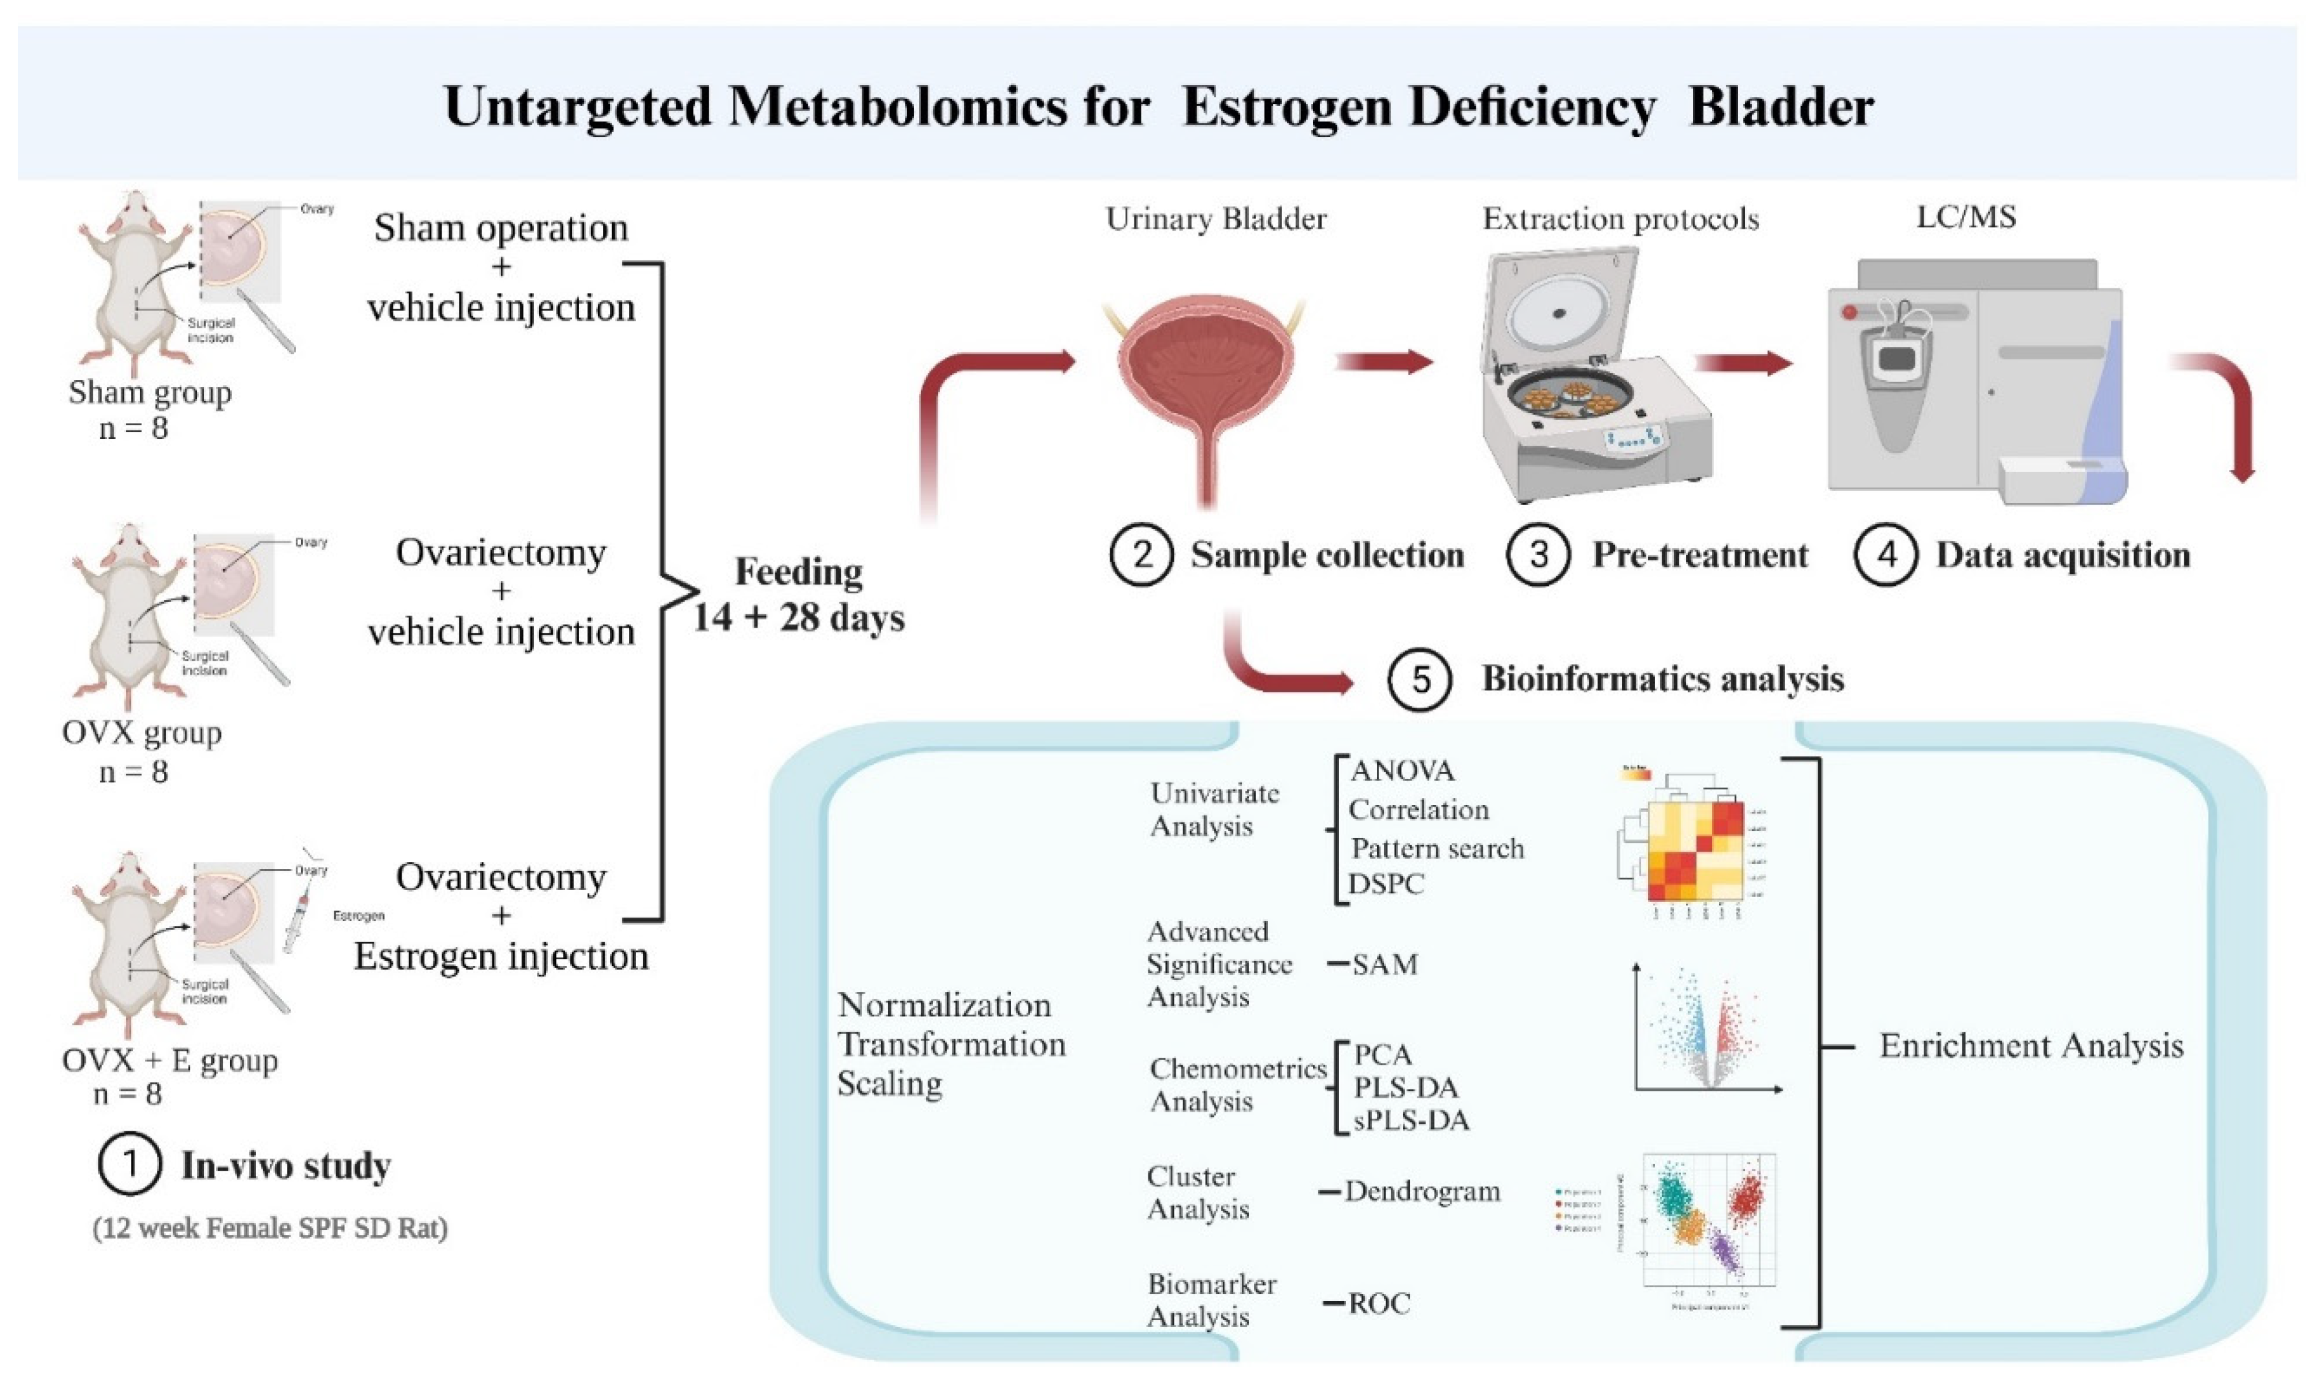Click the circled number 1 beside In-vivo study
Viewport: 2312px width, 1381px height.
130,1164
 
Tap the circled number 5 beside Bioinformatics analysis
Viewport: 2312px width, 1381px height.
1419,678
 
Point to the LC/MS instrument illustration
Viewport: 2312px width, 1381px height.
1973,382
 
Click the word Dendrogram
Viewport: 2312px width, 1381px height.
1422,1191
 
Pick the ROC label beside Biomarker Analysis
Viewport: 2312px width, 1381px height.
1379,1303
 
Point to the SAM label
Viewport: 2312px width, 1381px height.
1385,964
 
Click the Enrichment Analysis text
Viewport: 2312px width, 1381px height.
2031,1046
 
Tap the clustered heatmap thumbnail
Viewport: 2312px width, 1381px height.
1685,842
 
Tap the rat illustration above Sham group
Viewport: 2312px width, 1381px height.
130,279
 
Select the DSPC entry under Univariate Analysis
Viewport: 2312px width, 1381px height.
1387,883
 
